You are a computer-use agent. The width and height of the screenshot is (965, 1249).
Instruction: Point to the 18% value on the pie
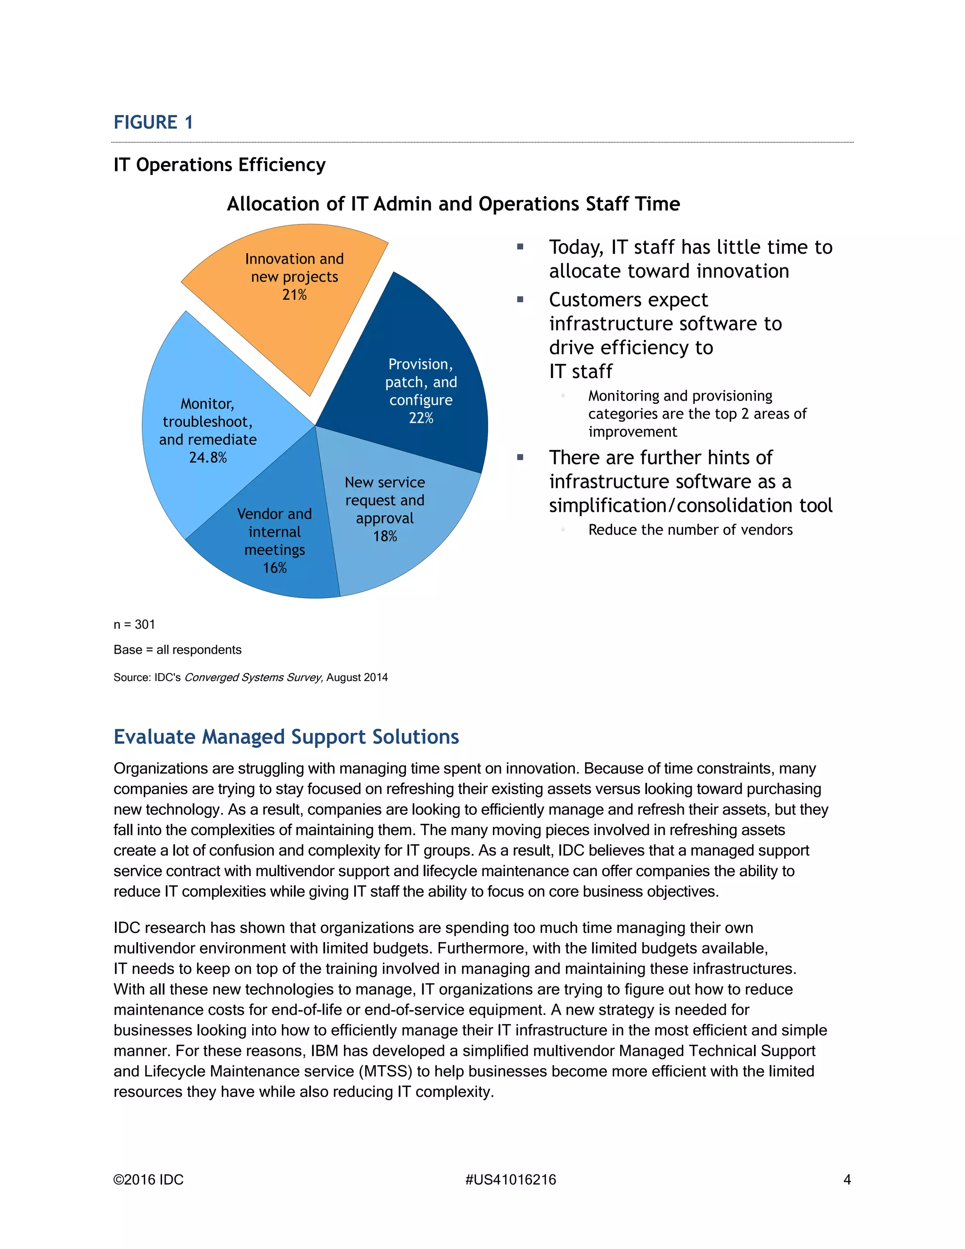(x=385, y=536)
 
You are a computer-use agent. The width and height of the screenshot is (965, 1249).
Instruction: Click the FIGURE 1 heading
(x=153, y=123)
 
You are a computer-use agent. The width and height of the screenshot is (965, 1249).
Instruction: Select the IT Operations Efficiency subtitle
(x=220, y=164)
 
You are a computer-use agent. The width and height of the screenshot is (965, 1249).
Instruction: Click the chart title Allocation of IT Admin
(x=453, y=204)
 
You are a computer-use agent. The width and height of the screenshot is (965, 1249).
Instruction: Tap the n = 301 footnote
(x=134, y=624)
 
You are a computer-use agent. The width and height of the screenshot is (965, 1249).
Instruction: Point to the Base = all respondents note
(x=177, y=649)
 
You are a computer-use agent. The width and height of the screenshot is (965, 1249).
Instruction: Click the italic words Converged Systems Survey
(x=253, y=678)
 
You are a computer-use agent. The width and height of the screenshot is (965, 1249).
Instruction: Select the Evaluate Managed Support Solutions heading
(x=286, y=737)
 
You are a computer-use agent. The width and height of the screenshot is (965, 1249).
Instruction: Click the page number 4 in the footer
(x=847, y=1180)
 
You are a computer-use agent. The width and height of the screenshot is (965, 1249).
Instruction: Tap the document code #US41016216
(x=510, y=1180)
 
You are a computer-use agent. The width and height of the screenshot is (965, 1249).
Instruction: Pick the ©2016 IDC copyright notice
(x=148, y=1180)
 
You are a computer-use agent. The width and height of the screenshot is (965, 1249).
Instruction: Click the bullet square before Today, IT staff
(x=520, y=247)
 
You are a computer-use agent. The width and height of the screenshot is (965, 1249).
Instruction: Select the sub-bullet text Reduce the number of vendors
(x=690, y=530)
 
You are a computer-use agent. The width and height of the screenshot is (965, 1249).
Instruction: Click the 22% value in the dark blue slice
(x=421, y=418)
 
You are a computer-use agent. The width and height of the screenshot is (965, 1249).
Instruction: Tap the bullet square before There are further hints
(x=520, y=458)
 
